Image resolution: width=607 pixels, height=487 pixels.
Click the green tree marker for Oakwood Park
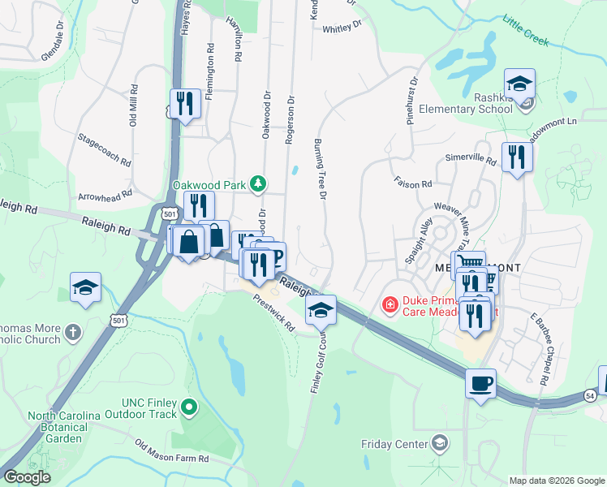tap(258, 184)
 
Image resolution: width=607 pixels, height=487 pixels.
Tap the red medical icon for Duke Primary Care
tap(390, 305)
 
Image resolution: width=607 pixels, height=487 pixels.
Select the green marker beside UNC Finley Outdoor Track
tap(189, 407)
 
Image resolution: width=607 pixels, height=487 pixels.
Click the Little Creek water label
tap(526, 29)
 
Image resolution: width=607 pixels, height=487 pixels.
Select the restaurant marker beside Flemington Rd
tap(186, 103)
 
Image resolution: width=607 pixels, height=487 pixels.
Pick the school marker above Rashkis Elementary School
tap(519, 84)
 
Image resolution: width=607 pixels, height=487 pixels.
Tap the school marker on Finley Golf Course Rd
tap(321, 310)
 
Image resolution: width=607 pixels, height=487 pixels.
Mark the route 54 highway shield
tap(590, 394)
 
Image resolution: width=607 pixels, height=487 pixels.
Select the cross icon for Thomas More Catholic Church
tap(74, 331)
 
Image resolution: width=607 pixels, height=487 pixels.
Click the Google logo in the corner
tap(26, 477)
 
